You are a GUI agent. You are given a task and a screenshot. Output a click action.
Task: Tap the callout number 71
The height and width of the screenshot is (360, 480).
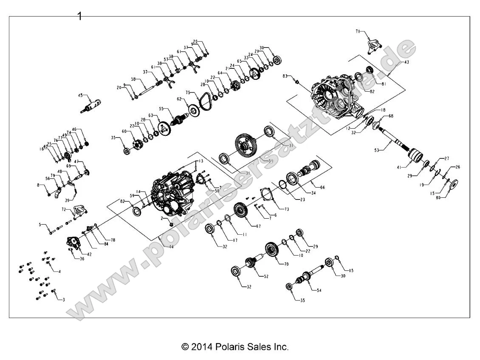(x=358, y=31)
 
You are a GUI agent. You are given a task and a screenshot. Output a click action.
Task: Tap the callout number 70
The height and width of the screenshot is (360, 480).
(x=286, y=264)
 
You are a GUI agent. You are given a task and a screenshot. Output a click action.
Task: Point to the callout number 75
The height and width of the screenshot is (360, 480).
(x=187, y=92)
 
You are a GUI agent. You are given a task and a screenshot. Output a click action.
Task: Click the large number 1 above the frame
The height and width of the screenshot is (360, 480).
(x=79, y=16)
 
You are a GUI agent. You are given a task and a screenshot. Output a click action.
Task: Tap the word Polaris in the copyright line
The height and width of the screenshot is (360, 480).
(x=230, y=347)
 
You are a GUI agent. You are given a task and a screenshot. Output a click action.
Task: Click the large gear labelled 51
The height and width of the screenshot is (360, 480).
(x=246, y=146)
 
